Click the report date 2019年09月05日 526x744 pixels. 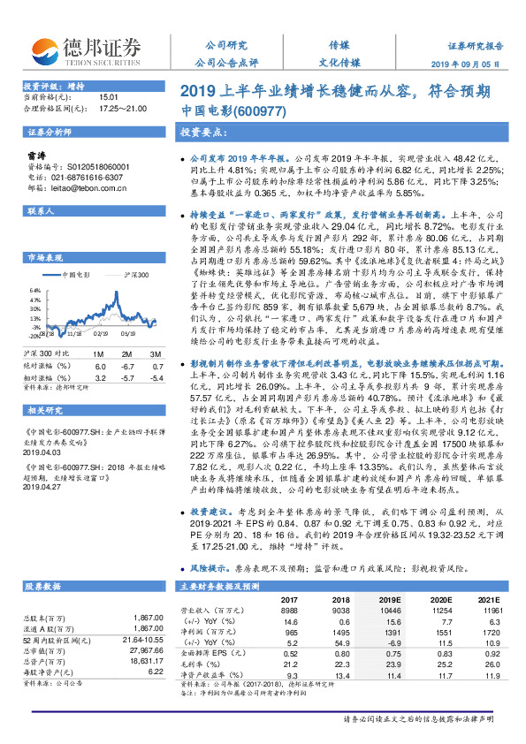click(x=476, y=65)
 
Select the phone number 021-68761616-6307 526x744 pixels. click(x=88, y=177)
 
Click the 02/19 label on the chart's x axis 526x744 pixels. click(x=102, y=336)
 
